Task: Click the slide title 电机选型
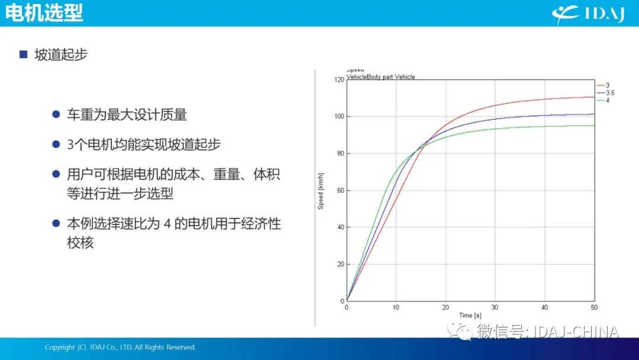tap(44, 12)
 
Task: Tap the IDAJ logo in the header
tap(588, 14)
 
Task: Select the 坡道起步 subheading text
tap(61, 54)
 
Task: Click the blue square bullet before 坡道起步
tap(23, 54)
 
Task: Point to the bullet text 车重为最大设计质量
tap(127, 114)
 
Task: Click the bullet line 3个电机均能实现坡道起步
tap(144, 144)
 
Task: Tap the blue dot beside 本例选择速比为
tap(56, 223)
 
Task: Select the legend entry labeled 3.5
tap(606, 93)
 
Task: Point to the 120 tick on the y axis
tap(339, 79)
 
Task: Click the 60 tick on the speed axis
tap(341, 191)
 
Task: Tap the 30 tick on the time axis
tap(495, 307)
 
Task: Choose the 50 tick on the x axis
tap(594, 307)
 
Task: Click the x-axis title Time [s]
tap(470, 316)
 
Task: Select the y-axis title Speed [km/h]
tap(321, 191)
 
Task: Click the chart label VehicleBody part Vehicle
tap(380, 76)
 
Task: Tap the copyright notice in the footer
tap(120, 348)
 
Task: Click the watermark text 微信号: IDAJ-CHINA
tap(533, 331)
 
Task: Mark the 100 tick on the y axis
tap(339, 117)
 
